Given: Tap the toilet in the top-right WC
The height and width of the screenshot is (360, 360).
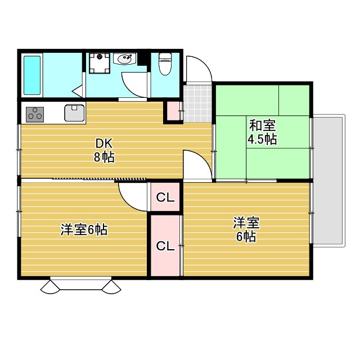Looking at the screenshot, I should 165,64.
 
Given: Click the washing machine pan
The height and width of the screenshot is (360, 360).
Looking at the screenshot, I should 100,64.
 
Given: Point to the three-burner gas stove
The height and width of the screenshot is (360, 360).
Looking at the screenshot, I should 35,113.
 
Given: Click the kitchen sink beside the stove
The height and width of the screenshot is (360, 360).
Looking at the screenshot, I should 74,112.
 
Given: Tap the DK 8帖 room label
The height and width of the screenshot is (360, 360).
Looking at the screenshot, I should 104,150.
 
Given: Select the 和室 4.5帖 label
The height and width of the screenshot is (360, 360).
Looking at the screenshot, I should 263,132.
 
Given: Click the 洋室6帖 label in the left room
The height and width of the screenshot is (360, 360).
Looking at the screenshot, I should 84,229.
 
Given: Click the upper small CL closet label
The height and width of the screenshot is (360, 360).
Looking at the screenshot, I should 164,197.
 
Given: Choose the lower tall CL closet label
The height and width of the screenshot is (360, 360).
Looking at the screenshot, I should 164,246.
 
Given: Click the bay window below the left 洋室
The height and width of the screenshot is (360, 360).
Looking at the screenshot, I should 82,285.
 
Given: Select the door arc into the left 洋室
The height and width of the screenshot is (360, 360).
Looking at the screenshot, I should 133,195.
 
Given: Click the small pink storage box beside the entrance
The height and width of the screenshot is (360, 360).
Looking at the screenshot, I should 172,112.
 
